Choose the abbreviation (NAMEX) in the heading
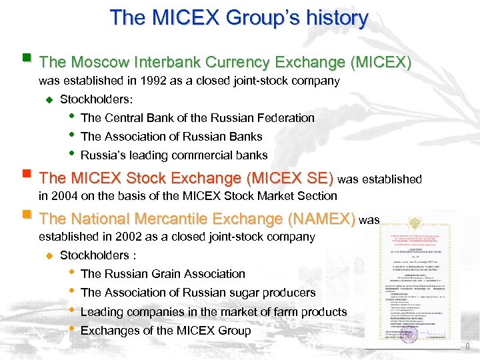[x=322, y=219]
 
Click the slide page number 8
[x=467, y=346]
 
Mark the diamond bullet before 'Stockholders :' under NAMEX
[x=48, y=255]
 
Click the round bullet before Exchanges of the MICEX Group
[x=71, y=329]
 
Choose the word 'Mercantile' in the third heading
[x=166, y=219]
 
